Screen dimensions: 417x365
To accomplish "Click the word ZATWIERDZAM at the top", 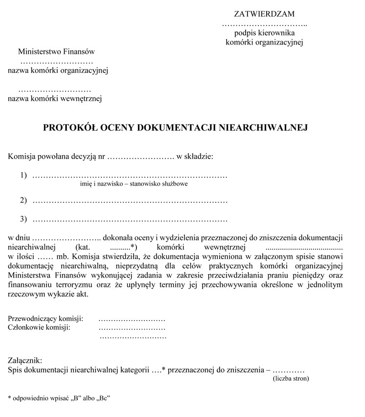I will tap(265, 14).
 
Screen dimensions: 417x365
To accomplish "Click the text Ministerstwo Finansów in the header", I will tap(56, 51).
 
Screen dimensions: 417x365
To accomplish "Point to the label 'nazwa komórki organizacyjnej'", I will tap(58, 70).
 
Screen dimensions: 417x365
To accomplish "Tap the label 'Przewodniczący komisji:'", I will tap(46, 319).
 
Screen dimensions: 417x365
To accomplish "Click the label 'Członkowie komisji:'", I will tap(39, 327).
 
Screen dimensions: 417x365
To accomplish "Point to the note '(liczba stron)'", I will tap(291, 378).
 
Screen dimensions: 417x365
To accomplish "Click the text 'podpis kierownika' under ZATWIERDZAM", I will tap(264, 33).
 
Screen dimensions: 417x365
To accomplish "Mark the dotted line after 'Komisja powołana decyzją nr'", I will tap(140, 157).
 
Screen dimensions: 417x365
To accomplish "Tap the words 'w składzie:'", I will tap(195, 157).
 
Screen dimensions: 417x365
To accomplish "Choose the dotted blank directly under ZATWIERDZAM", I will tap(264, 24).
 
